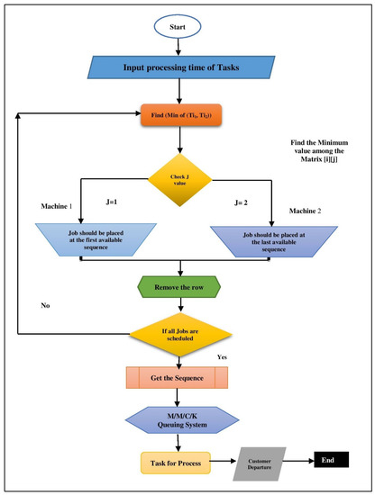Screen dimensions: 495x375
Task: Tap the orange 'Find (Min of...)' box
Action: (180, 116)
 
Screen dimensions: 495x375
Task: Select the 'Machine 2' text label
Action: (306, 210)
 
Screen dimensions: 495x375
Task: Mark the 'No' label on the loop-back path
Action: (44, 305)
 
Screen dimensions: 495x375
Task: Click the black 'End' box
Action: (328, 462)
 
